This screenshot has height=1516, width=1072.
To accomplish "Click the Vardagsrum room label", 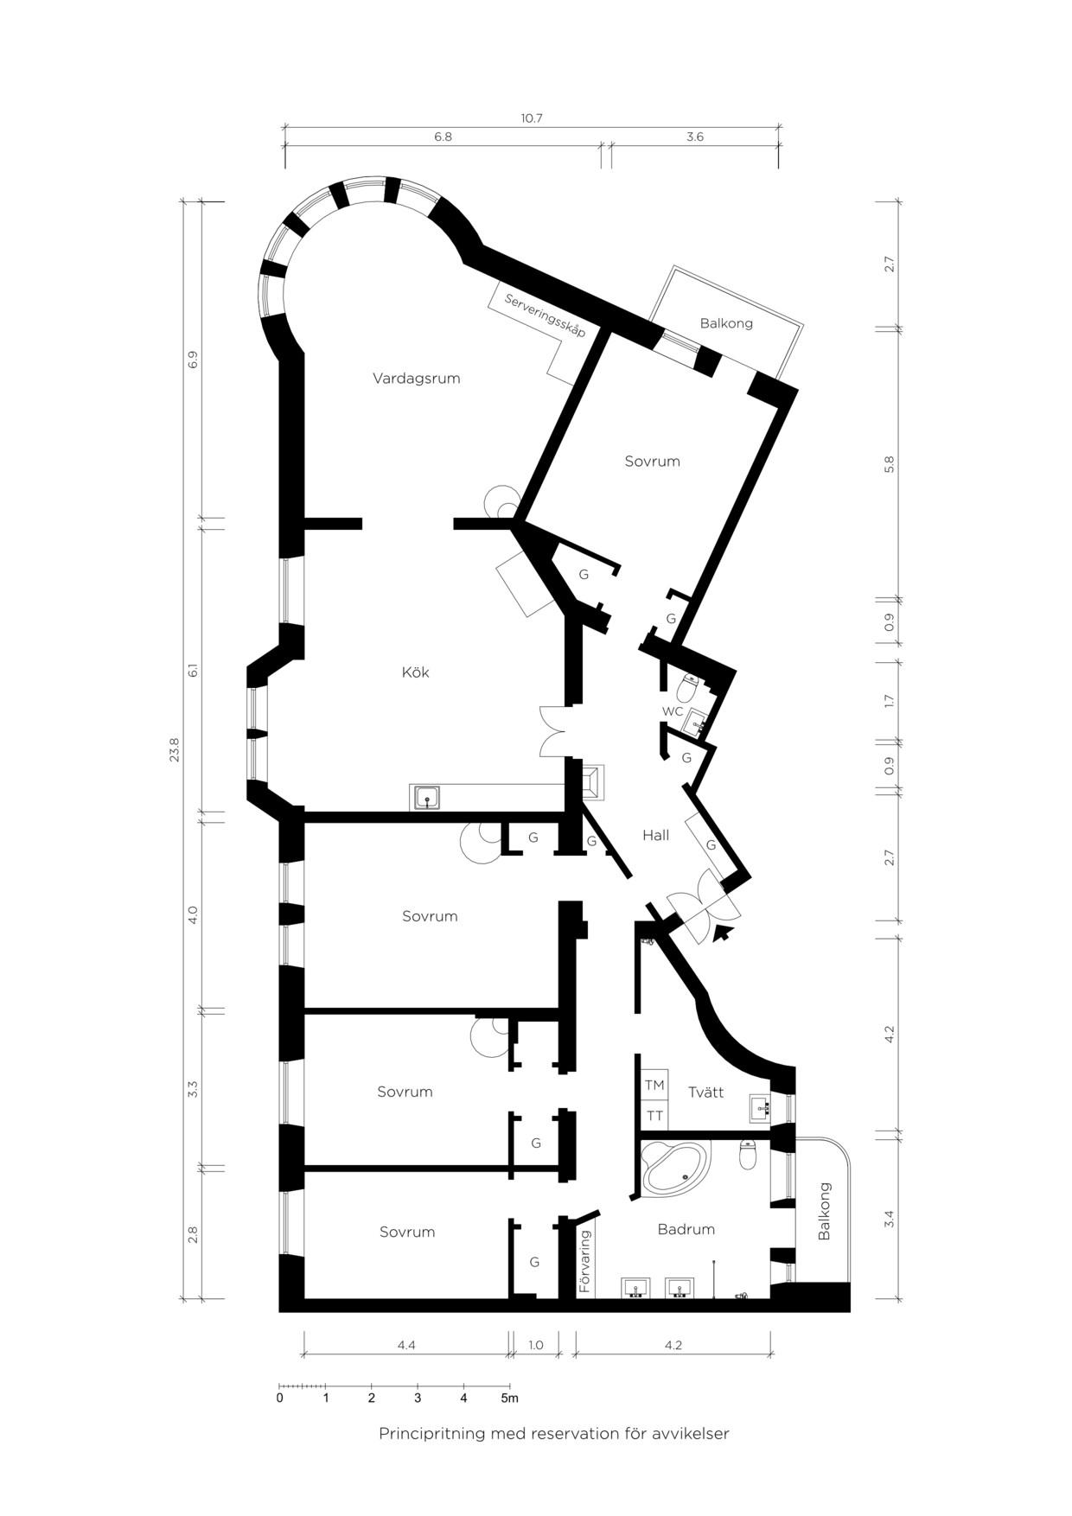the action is tap(416, 379).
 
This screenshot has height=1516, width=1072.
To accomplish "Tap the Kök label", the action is tap(415, 672).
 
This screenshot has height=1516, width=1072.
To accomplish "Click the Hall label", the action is tap(655, 836).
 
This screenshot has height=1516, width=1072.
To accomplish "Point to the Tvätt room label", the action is tap(705, 1092).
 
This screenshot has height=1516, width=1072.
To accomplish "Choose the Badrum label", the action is tap(686, 1229).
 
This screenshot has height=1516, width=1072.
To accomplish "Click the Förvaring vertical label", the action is tap(585, 1262).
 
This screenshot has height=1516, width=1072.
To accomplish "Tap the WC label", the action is tap(673, 711).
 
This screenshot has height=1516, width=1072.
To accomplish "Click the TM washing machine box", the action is tap(654, 1085).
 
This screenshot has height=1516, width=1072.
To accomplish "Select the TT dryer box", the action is tap(654, 1116).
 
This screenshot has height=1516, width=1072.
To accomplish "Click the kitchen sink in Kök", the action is tap(427, 798).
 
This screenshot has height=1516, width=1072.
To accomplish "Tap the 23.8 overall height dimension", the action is tap(175, 749).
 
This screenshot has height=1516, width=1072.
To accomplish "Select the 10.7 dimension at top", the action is tap(531, 118).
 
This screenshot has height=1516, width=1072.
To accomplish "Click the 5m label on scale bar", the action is tap(510, 1398).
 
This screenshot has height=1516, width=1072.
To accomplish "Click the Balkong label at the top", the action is tap(726, 323).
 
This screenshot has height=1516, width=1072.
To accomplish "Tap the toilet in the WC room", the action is tap(688, 689).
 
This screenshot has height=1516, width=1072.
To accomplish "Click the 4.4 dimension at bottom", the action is tap(406, 1345).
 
